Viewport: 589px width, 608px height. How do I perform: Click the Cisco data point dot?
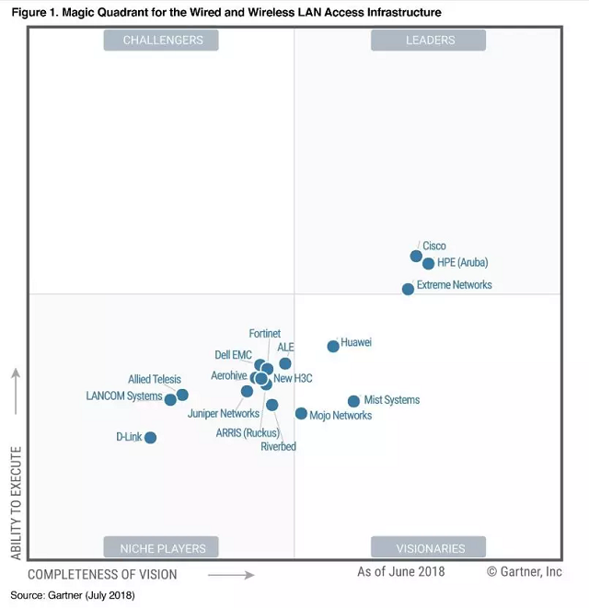(416, 256)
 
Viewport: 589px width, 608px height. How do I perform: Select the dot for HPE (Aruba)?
(428, 263)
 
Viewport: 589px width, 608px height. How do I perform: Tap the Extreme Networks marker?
(408, 289)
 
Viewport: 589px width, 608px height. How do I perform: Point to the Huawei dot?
(333, 346)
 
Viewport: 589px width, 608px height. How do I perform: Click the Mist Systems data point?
(353, 401)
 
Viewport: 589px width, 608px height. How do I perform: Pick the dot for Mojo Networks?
(301, 413)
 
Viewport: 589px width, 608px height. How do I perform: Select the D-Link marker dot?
(150, 437)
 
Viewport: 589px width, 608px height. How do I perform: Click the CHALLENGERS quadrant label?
(163, 40)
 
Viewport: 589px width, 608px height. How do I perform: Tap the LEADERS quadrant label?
(430, 40)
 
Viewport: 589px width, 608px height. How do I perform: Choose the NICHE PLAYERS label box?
(162, 548)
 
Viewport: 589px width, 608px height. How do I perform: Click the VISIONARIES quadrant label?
(430, 548)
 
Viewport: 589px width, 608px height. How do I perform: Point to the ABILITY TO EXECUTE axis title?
(16, 503)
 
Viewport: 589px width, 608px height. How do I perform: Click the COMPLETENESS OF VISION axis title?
(102, 574)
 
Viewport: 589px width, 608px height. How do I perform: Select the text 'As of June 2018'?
(400, 571)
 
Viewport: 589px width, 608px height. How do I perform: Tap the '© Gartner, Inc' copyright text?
(524, 571)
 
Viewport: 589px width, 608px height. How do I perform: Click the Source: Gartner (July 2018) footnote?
(73, 595)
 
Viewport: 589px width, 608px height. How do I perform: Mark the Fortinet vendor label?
(265, 334)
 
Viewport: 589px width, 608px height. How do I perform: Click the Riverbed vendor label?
(278, 447)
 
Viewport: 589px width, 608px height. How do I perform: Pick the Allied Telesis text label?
(155, 379)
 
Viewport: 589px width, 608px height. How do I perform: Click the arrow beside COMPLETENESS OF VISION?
(230, 575)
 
